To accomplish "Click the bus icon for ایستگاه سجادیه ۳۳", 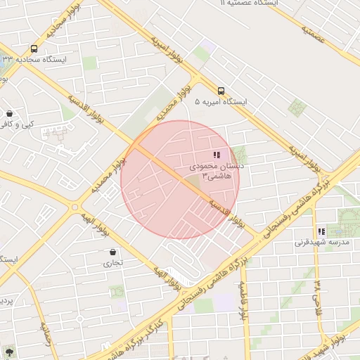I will click(34, 49).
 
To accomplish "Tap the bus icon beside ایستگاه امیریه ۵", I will click(221, 91).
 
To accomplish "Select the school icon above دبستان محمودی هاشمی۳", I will click(217, 155).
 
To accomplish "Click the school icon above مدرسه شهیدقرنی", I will click(321, 231).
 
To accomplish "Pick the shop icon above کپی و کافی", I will click(9, 113).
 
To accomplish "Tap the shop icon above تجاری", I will click(112, 252).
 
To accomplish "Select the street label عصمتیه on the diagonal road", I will click(314, 34).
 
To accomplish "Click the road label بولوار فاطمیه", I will click(243, 300).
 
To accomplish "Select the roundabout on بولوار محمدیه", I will click(75, 207).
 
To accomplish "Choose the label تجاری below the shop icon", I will click(112, 264).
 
